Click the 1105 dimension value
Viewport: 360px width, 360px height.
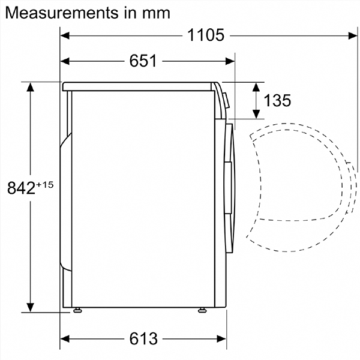point(205,35)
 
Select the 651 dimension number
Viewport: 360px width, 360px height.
point(143,61)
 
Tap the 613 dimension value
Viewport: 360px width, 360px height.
point(143,338)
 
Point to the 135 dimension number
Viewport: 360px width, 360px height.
point(277,100)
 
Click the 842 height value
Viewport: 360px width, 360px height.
point(22,188)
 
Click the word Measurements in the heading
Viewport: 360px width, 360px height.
point(62,13)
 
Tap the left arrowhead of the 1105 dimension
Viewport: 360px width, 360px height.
point(65,35)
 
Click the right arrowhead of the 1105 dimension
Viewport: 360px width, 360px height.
point(353,36)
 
